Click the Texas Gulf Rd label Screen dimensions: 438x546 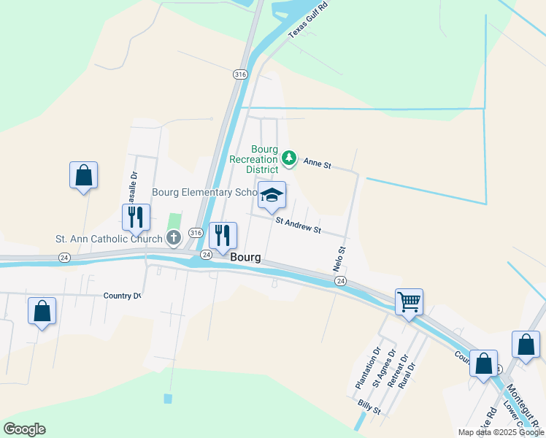click(x=309, y=20)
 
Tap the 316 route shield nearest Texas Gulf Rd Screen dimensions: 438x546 click(x=241, y=74)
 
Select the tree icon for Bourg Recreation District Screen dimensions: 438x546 click(x=290, y=158)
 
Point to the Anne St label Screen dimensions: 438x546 click(x=318, y=164)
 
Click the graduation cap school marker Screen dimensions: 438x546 click(x=272, y=195)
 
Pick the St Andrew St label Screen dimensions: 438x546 click(x=298, y=225)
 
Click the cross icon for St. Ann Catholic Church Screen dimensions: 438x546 click(x=174, y=238)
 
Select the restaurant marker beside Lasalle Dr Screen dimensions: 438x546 click(x=136, y=217)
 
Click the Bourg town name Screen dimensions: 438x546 click(x=246, y=258)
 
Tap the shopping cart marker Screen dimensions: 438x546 click(x=409, y=301)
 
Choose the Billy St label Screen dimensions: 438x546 click(x=369, y=407)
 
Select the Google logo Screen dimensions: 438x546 click(x=24, y=429)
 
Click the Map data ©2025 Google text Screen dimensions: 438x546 click(x=500, y=432)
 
